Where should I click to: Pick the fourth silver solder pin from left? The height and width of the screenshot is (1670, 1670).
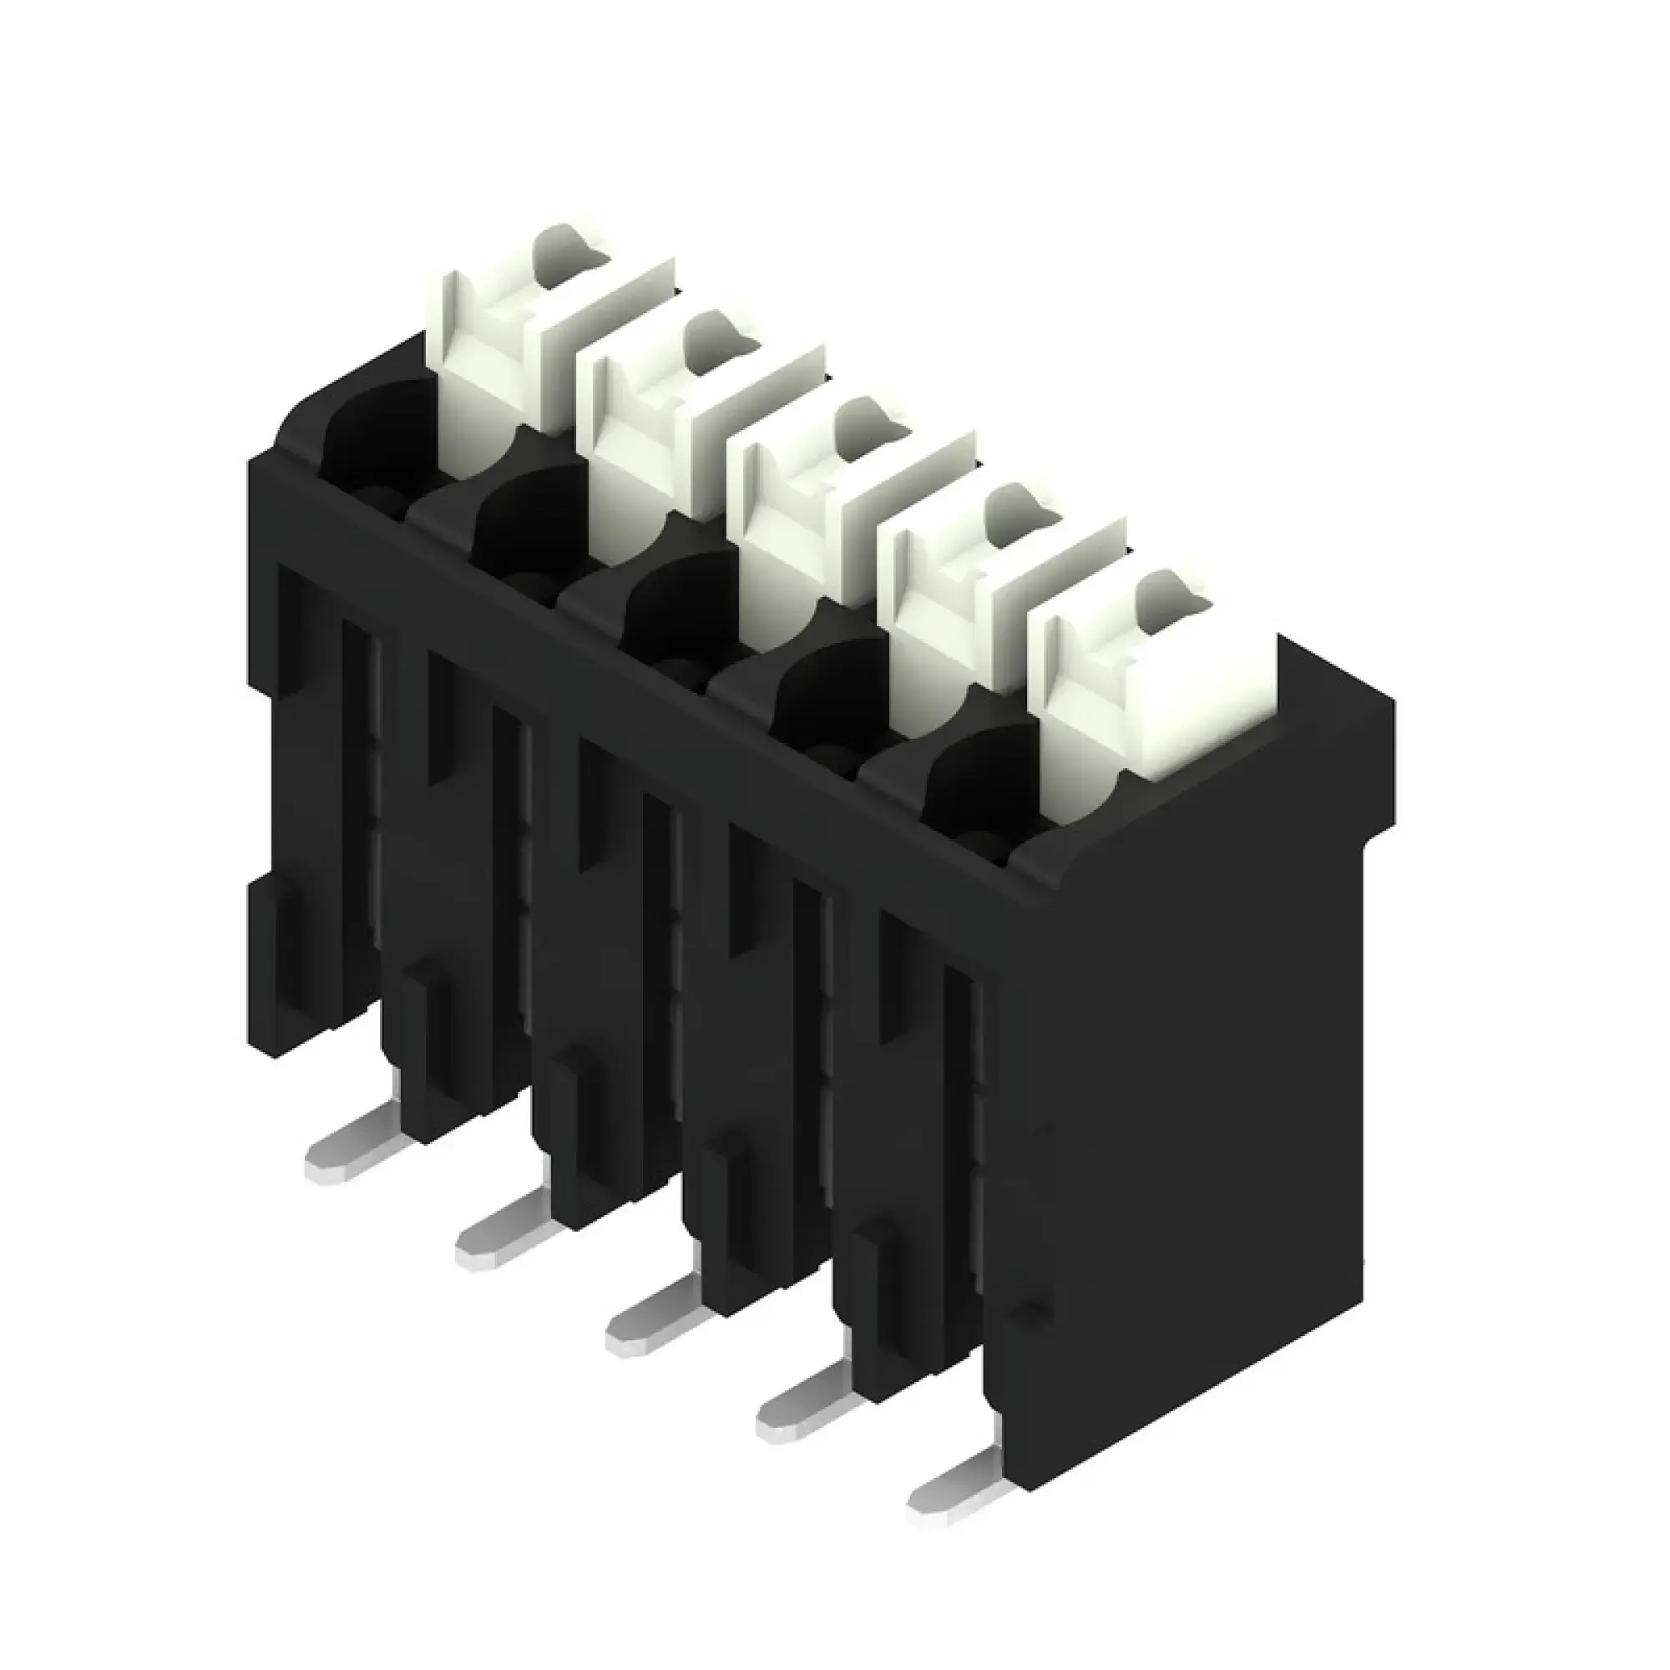point(800,1409)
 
